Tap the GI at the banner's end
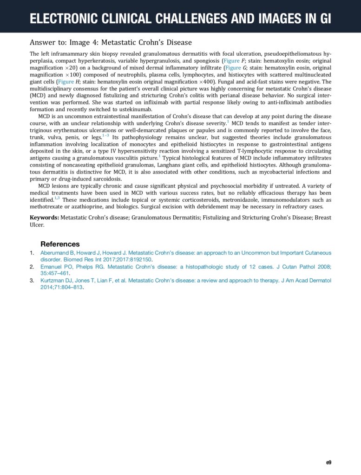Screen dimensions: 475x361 coord(323,19)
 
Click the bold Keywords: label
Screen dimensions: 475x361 coord(45,218)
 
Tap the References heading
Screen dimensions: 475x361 coord(60,244)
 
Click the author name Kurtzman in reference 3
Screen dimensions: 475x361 coord(53,280)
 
